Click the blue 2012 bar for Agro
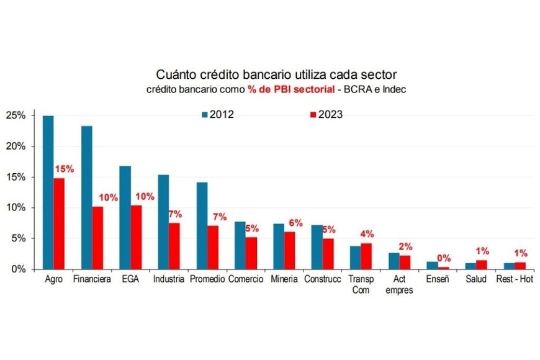click(48, 192)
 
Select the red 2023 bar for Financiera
click(97, 238)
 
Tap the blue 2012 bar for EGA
click(125, 217)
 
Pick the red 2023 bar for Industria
click(174, 246)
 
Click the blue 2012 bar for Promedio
click(202, 225)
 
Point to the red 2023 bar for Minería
click(289, 250)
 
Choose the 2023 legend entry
click(326, 115)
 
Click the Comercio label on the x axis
click(246, 279)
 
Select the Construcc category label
click(322, 279)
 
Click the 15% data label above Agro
click(65, 169)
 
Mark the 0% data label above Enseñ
click(445, 258)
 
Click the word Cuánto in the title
click(172, 74)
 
